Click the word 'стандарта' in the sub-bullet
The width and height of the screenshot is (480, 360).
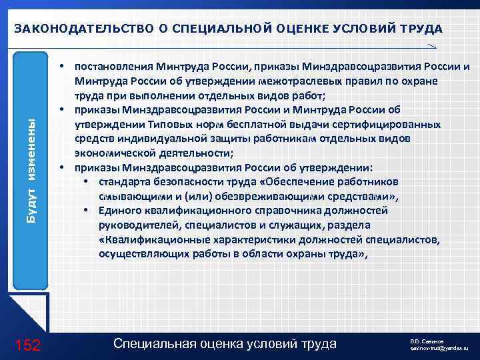(x=123, y=182)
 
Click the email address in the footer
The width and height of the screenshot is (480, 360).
(x=439, y=349)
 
